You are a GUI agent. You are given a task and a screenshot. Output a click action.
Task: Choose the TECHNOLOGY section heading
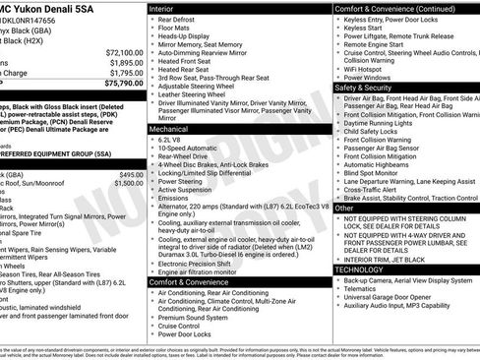[360, 269]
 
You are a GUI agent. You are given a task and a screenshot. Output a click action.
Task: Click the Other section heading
[345, 208]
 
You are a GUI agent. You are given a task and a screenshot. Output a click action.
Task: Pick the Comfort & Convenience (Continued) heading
[393, 8]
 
